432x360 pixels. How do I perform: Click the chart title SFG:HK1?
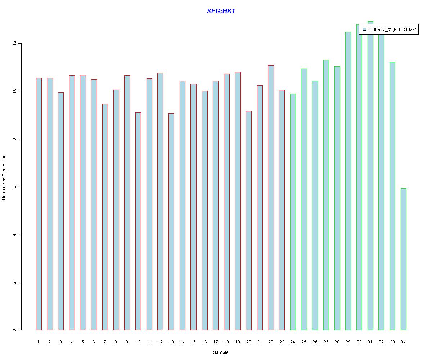tap(221, 11)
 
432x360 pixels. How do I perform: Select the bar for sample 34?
tap(403, 259)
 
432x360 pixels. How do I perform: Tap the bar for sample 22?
tap(271, 198)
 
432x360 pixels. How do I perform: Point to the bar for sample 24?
tap(293, 212)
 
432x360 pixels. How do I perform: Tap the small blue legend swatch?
tap(365, 30)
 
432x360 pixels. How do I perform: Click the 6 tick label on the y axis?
tap(14, 187)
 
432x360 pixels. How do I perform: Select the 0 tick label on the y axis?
tap(14, 330)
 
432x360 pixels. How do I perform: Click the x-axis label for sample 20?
tap(248, 342)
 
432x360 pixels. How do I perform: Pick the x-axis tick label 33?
tap(392, 342)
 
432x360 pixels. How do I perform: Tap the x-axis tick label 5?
tap(82, 342)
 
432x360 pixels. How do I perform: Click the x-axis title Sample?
tap(220, 352)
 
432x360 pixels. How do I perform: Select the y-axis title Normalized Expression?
tap(4, 177)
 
